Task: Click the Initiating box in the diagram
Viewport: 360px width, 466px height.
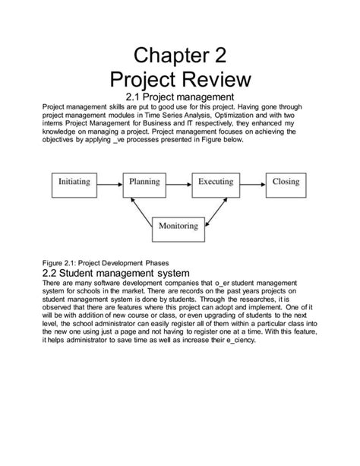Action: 74,182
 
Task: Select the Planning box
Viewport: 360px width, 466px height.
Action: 144,182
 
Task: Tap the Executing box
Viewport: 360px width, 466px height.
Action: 216,182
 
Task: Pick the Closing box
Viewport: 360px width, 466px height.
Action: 286,182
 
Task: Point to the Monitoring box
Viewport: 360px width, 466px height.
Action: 179,226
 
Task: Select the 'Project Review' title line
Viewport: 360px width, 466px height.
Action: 180,80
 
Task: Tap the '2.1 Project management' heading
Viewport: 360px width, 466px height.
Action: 180,97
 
